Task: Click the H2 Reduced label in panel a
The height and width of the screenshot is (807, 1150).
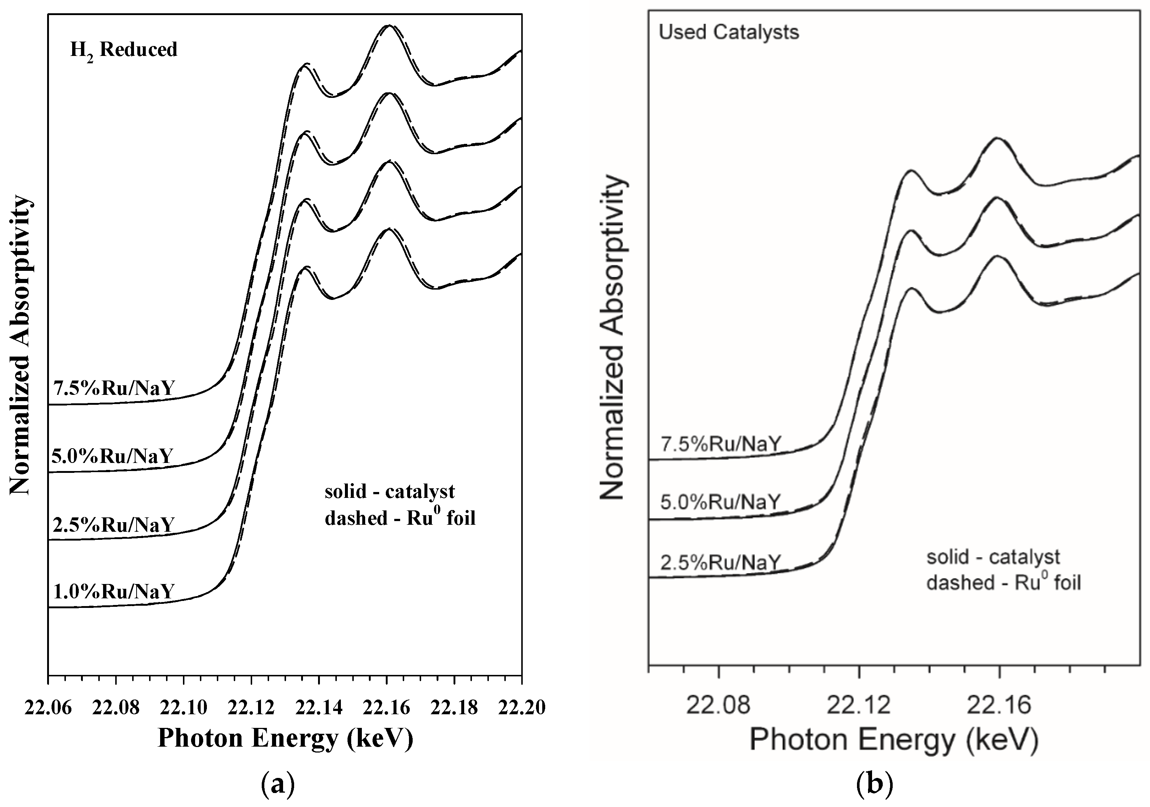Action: [124, 50]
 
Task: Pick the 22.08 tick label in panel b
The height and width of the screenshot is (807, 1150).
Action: [718, 705]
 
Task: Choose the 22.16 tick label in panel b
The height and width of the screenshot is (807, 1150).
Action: [999, 705]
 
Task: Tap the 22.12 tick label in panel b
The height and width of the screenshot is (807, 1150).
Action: [858, 705]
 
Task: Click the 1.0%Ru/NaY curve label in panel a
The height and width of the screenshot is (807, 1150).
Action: [114, 592]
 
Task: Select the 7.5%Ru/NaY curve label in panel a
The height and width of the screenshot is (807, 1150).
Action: [114, 389]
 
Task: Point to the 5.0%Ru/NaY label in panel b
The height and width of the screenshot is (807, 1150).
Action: [721, 502]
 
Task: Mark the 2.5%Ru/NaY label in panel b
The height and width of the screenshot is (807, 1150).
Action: [721, 563]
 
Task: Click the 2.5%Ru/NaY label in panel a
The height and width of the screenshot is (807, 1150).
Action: [114, 525]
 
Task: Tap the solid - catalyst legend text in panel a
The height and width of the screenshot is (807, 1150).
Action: [390, 492]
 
